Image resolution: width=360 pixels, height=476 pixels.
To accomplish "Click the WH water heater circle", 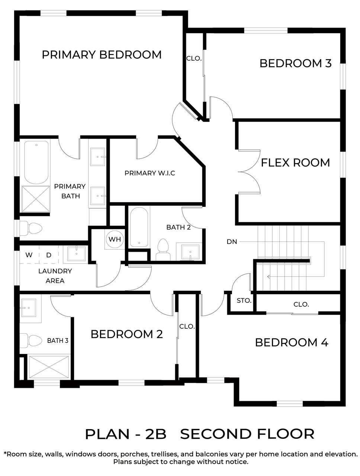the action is [x=115, y=239].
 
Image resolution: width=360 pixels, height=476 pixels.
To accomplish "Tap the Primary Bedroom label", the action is [x=102, y=54].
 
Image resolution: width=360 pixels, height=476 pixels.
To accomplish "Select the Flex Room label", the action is [x=295, y=163].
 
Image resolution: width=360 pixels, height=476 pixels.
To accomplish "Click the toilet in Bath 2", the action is [x=163, y=249].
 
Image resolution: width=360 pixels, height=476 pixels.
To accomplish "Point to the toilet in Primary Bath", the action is [x=31, y=228].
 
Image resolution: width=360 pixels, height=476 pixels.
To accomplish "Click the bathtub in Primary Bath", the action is [x=36, y=162].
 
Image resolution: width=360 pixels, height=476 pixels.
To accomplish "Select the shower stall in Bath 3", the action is [x=49, y=367].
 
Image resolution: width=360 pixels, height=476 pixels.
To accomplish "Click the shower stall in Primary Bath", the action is [x=36, y=199].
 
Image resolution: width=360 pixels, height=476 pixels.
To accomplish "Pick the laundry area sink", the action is [x=76, y=254].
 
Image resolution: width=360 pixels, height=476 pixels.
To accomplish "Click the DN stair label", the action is [x=232, y=242].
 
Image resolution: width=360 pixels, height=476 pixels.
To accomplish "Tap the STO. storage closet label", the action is [x=244, y=301].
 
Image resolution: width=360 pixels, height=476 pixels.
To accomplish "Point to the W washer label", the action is [x=29, y=255].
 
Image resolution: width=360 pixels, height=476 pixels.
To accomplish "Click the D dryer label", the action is [x=49, y=255].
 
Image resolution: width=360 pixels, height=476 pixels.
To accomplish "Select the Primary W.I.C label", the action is [x=150, y=173].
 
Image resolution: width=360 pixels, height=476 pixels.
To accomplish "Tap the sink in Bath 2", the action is [x=190, y=253].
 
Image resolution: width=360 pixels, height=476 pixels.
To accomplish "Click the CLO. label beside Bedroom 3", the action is [x=194, y=58].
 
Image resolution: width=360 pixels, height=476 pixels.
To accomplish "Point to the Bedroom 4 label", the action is [x=292, y=342].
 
